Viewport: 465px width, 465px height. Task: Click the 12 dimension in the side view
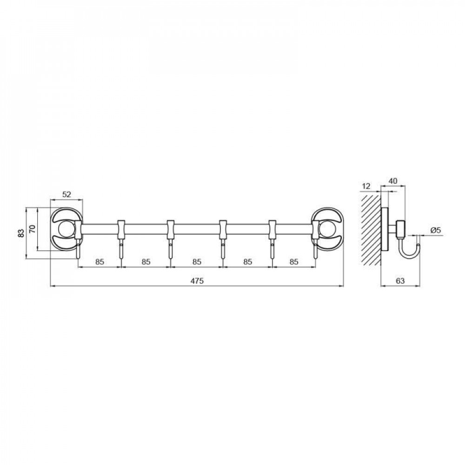tap(366, 186)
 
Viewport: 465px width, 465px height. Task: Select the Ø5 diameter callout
tap(435, 230)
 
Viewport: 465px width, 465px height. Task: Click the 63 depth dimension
tap(400, 281)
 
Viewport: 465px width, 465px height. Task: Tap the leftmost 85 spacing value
tap(100, 262)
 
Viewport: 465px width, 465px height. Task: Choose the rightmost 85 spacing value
tap(293, 262)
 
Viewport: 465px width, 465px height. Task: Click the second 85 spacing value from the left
tap(146, 262)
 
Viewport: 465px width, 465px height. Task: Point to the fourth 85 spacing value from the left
tap(247, 262)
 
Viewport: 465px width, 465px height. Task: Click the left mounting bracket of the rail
tap(66, 229)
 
